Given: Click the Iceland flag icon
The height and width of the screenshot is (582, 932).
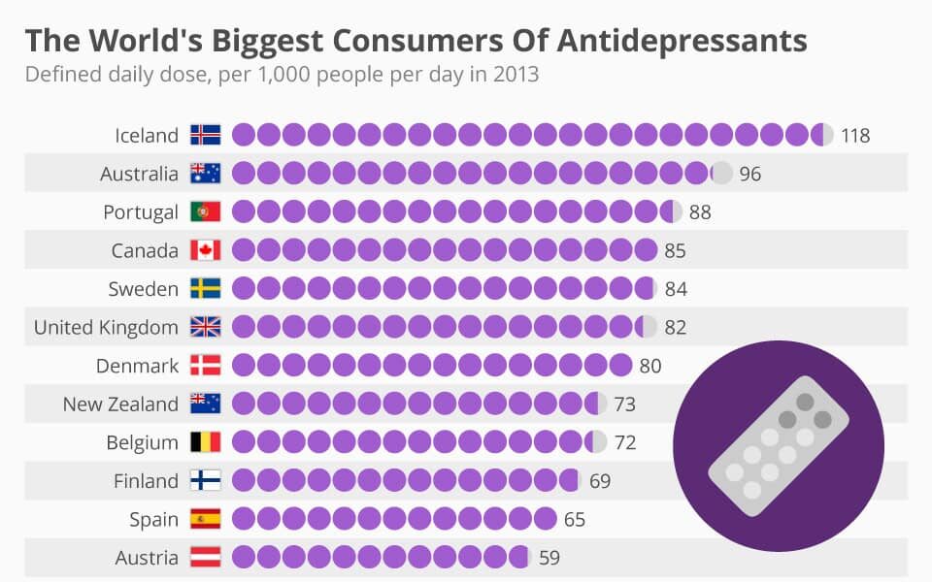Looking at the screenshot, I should tap(206, 135).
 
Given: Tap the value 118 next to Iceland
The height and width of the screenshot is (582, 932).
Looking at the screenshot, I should tap(855, 135).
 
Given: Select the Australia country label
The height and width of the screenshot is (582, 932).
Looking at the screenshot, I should tap(139, 174).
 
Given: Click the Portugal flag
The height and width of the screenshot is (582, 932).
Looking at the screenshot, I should tap(206, 211).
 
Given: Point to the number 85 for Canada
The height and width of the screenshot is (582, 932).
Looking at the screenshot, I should tap(675, 250).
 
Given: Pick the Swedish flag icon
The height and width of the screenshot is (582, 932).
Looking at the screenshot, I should tap(206, 288).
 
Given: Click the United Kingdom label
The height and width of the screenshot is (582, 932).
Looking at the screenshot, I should tap(106, 327).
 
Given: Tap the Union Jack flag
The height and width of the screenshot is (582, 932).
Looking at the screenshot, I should tap(206, 327).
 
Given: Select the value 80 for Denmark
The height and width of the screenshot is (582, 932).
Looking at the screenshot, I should tap(650, 366).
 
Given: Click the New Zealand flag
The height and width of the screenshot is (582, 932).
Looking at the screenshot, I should tap(206, 404).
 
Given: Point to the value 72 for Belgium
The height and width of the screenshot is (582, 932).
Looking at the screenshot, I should tap(625, 442).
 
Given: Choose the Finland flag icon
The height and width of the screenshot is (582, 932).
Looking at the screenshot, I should tap(206, 480).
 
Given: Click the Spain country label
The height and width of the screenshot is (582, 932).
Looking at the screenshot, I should tap(153, 519).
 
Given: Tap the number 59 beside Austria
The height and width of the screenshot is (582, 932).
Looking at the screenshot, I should tap(549, 558).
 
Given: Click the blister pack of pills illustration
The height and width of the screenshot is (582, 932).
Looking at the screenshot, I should tap(778, 443).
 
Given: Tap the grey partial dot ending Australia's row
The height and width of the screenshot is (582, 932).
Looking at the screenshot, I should tap(722, 174).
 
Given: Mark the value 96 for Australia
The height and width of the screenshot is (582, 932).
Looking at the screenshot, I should tap(749, 174).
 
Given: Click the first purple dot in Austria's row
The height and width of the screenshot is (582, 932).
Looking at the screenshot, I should tap(243, 558).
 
